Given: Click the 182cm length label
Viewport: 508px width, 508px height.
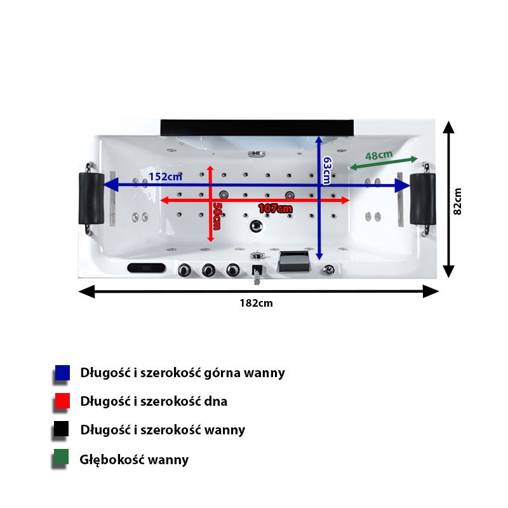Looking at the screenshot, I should (x=257, y=303).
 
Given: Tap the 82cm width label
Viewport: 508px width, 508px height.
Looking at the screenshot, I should (x=457, y=201).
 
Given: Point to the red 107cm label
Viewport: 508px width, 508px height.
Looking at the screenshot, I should (x=275, y=208).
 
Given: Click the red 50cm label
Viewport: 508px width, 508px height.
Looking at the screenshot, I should (x=217, y=217).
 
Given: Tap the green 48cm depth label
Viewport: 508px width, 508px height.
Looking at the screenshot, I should (x=379, y=155).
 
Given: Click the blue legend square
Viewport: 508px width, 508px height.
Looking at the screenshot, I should (x=62, y=373).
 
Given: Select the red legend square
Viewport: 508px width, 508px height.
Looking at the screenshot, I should (x=62, y=401).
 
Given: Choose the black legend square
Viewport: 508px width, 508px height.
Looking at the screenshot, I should (x=62, y=430).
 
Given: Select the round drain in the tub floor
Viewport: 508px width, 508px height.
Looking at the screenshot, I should (x=257, y=225).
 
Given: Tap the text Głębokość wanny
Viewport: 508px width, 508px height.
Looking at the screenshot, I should (x=134, y=460).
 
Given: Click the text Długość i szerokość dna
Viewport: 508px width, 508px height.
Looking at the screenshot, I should (x=154, y=401).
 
